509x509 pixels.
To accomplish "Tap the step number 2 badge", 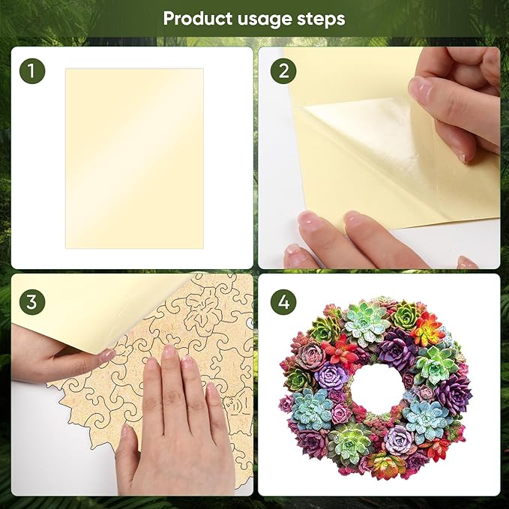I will coord(283,71).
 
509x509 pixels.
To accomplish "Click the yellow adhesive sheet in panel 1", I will coord(134,157).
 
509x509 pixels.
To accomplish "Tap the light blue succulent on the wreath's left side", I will coord(312,409).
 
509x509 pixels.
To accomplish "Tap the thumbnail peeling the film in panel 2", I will coord(420,90).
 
